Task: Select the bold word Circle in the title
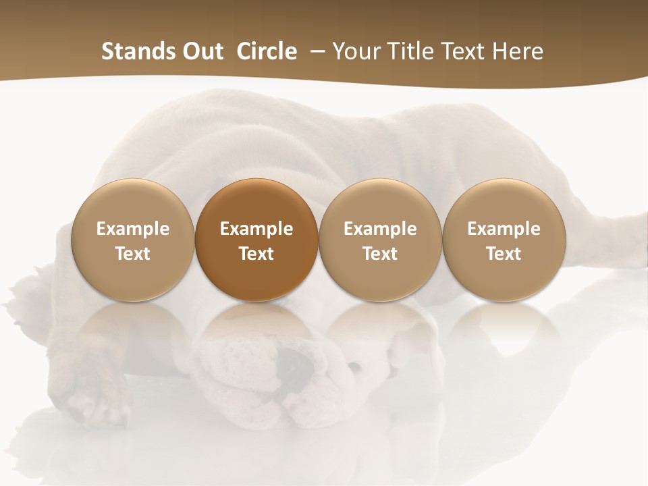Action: [267, 51]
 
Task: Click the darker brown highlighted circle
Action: [256, 239]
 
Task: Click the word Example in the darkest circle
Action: [256, 229]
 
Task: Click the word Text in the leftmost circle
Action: [133, 254]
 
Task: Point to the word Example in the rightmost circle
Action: [504, 229]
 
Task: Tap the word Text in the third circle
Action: [380, 254]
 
